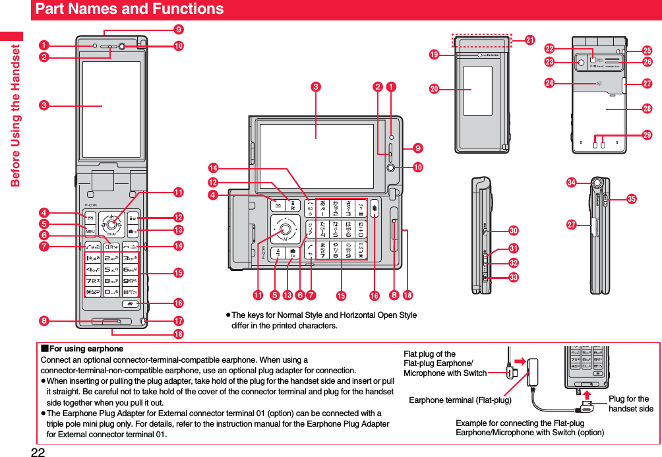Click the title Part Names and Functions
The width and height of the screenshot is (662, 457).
129,9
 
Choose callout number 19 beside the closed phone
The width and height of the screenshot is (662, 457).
435,55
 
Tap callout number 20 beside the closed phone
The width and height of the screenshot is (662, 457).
435,89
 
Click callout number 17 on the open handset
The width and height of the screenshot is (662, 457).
178,321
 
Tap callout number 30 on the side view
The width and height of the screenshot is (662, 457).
513,229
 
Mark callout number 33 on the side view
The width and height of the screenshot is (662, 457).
513,276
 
